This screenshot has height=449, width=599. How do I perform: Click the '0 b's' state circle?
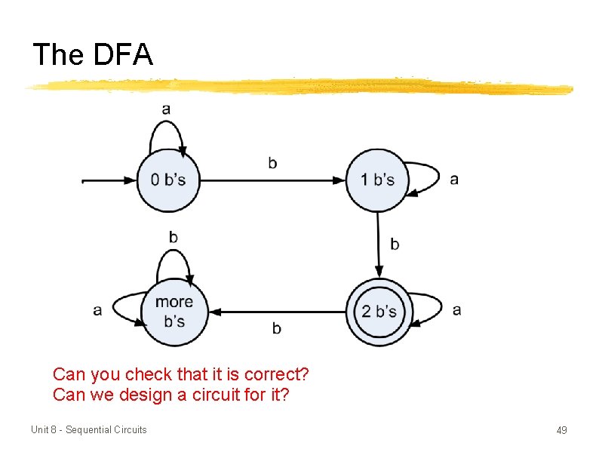[168, 180]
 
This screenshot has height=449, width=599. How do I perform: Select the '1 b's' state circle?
[377, 180]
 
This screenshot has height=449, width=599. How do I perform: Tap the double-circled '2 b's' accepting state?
[379, 312]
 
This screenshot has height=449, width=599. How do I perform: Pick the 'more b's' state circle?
[174, 312]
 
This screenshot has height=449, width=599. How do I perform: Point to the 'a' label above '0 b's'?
[166, 109]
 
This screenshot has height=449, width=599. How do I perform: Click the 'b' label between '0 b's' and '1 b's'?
[272, 162]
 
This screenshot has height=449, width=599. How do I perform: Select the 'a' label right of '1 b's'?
[454, 180]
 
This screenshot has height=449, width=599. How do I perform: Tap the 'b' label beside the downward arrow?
[395, 244]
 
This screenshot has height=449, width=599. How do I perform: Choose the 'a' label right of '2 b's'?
[457, 310]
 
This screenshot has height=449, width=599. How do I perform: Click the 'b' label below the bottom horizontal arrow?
[276, 328]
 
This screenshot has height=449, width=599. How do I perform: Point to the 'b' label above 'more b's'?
[174, 237]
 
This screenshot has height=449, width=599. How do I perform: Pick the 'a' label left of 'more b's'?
[97, 310]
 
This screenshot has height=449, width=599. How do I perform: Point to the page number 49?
[561, 430]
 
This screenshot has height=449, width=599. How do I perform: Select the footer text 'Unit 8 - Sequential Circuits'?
[89, 430]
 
